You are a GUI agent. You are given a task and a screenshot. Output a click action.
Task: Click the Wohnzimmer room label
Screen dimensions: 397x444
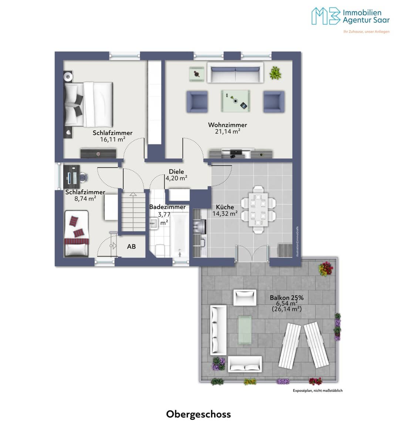point(227,125)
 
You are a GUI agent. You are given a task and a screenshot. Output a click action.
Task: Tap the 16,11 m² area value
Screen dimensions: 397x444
point(113,139)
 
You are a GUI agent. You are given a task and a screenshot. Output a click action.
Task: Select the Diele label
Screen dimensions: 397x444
point(176,172)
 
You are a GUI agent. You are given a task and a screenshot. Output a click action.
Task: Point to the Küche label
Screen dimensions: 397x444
point(225,207)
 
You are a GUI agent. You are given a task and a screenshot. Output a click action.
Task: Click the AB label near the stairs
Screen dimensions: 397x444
point(131,246)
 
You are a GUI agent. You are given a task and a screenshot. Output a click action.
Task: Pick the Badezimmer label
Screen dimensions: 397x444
point(167,207)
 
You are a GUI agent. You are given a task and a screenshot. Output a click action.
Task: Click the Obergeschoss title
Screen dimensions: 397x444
point(198,414)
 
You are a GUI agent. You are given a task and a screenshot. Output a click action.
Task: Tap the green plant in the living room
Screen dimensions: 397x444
point(275,73)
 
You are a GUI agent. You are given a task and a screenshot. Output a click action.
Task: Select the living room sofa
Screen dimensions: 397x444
point(235,73)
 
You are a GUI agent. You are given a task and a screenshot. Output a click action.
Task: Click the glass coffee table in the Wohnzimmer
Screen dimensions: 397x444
point(235,101)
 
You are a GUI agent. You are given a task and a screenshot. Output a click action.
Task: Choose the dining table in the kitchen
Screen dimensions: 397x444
point(258,210)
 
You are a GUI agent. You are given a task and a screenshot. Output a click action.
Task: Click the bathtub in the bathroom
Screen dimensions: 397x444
point(179,235)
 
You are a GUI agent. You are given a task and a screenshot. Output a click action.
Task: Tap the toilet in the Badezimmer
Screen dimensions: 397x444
point(160,251)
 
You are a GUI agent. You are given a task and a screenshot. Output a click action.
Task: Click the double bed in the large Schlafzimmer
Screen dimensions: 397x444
point(88,105)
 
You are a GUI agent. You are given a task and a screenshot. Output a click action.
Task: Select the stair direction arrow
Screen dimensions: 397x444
point(133,194)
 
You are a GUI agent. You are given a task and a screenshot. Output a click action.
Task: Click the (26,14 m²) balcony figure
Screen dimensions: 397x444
point(287,309)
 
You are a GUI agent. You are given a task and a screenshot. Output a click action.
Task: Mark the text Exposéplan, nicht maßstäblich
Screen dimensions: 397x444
point(318,390)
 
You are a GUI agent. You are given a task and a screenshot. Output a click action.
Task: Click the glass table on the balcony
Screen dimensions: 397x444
point(245,330)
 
